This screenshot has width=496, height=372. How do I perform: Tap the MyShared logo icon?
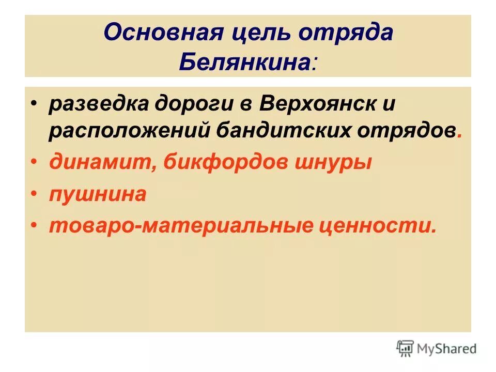[405, 348]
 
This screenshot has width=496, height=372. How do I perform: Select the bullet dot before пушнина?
[34, 195]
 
